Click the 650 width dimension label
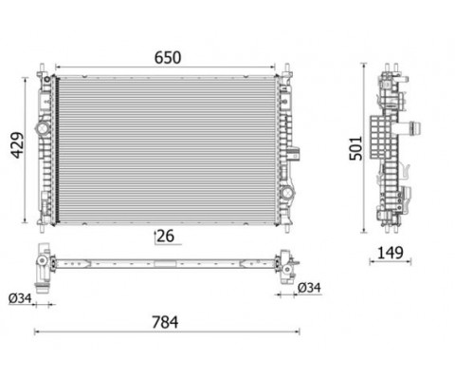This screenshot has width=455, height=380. point(168,58)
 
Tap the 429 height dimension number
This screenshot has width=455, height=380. point(18,145)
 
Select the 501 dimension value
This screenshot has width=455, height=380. point(355,148)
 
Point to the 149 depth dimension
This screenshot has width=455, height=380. point(391,253)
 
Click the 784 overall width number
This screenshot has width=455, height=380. point(165,322)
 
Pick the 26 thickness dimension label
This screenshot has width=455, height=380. point(166,236)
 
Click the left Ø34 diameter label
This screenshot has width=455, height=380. point(20,298)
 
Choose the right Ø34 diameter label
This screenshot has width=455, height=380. point(309,288)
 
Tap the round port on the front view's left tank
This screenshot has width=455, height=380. point(43,128)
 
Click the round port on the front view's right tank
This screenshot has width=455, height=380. point(287,192)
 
